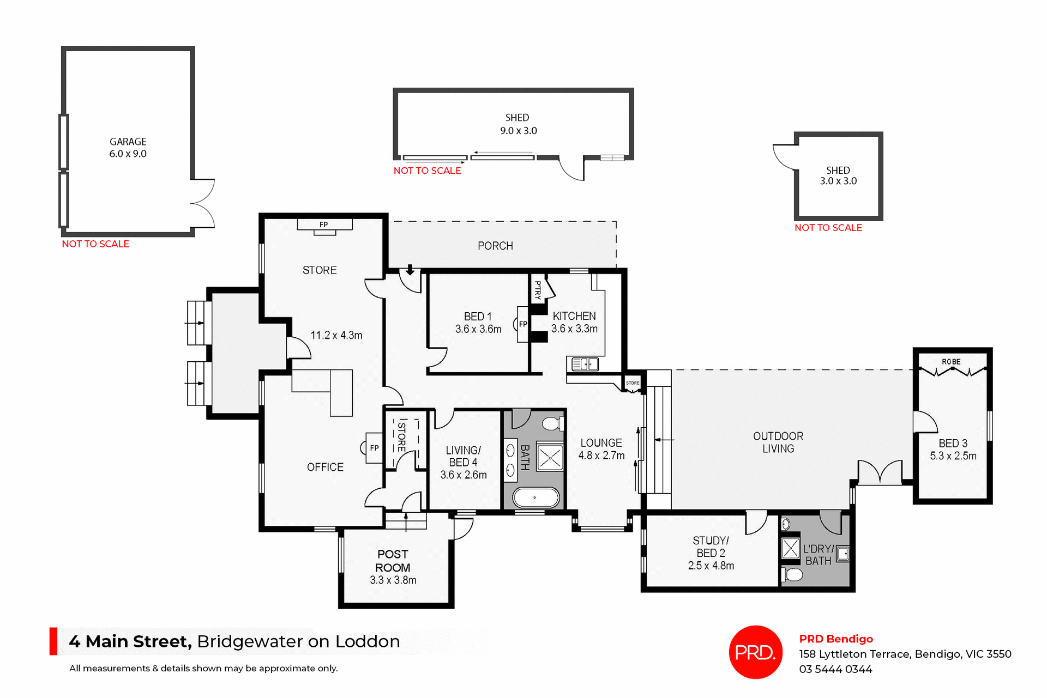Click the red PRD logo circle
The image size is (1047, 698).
point(755,652)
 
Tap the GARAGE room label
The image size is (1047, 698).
point(128,142)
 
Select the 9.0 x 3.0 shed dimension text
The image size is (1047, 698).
point(518,131)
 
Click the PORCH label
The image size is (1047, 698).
point(495,246)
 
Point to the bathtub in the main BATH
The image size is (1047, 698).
point(535,497)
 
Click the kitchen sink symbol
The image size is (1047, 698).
point(585,364)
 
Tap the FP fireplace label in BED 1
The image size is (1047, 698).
point(523,324)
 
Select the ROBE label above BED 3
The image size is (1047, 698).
point(951,362)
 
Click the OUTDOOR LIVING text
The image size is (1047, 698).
point(778,442)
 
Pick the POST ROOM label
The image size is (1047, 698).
point(393,561)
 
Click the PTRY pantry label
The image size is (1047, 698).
point(538,290)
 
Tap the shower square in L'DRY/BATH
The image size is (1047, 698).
point(790,548)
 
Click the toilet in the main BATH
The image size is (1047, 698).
point(553,423)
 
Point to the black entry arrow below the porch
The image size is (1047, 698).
point(410,270)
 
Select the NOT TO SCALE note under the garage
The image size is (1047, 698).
point(95,244)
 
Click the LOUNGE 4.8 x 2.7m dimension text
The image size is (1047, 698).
point(601,456)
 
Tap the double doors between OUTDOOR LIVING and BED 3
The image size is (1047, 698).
point(880,472)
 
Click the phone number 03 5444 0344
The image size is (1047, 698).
point(835,669)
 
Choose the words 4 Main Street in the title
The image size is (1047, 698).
point(130,641)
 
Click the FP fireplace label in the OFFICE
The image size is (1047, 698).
point(374,448)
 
